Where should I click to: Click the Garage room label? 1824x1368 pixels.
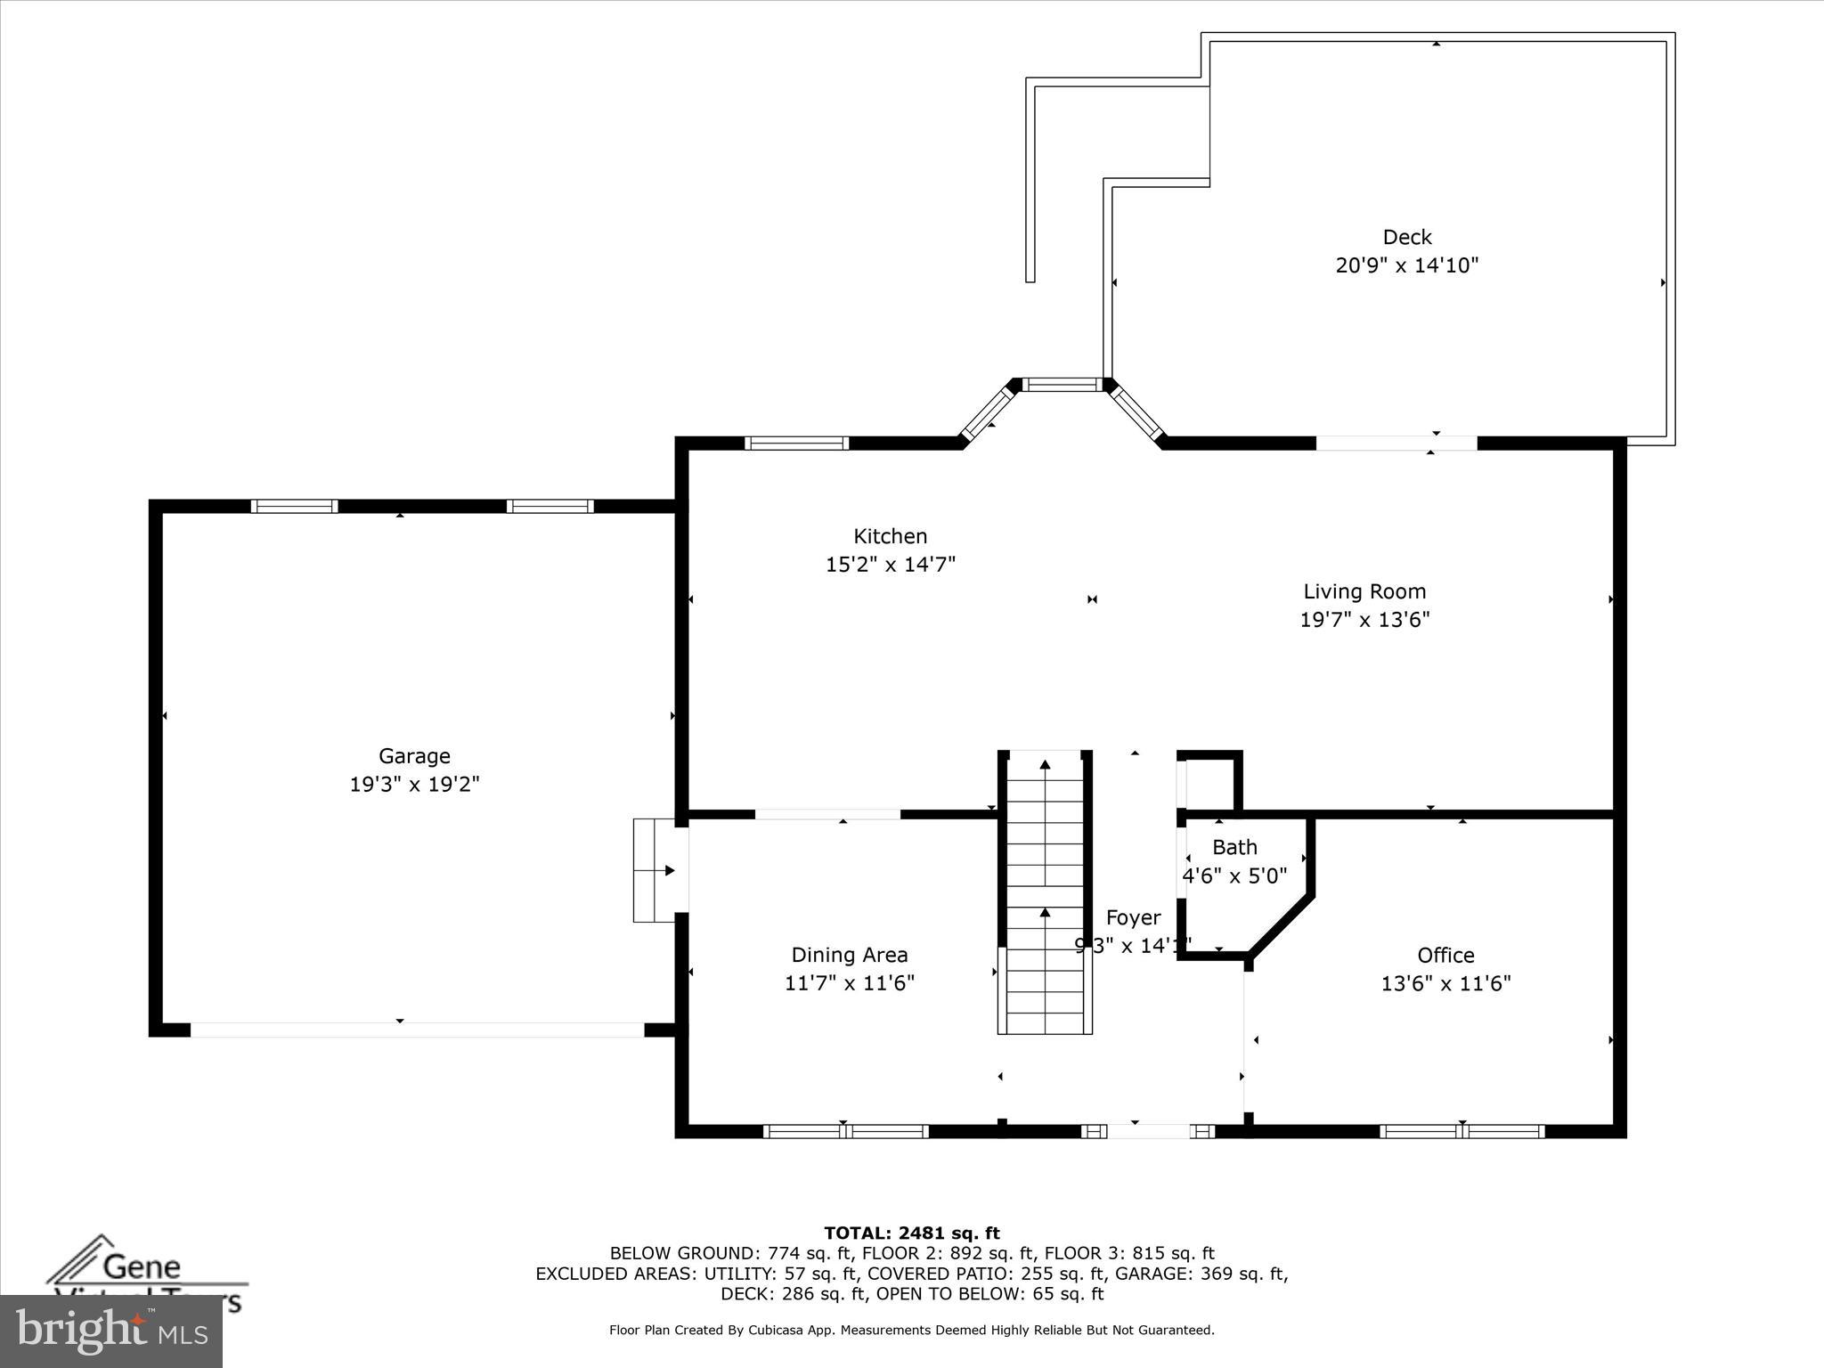pos(414,756)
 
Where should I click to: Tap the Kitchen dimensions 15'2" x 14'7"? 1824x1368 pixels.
pos(891,565)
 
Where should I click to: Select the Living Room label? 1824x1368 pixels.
pos(1364,591)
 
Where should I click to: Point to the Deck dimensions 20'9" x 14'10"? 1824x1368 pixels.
pos(1406,265)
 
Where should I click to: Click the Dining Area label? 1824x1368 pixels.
pos(850,955)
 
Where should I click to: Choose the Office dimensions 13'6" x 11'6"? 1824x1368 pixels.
pos(1445,983)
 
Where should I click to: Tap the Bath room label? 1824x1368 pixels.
pos(1234,847)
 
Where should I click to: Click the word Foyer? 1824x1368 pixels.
pos(1133,917)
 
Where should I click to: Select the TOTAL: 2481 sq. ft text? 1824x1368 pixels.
pos(911,1234)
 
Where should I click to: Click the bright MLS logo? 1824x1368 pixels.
pos(111,1331)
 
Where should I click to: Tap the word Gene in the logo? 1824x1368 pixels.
pos(142,1266)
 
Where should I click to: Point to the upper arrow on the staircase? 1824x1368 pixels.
pos(1045,764)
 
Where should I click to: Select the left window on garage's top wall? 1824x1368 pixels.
pos(294,506)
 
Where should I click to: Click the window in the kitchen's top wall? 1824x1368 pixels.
pos(796,443)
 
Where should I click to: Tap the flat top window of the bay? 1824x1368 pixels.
pos(1062,385)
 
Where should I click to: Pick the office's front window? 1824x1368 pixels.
pos(1462,1132)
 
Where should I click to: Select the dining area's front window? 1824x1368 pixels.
pos(845,1132)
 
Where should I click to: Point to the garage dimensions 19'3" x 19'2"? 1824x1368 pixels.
pos(414,785)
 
